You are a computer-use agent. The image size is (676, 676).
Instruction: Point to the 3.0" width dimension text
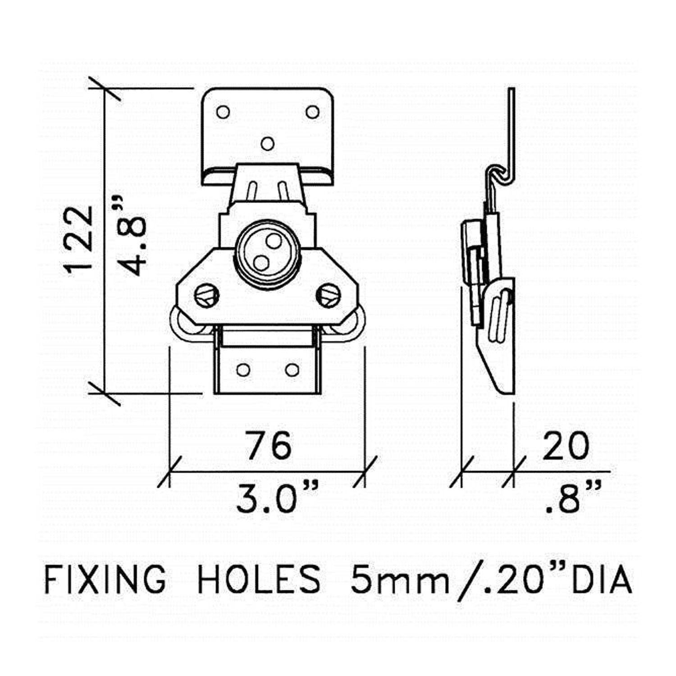(x=276, y=498)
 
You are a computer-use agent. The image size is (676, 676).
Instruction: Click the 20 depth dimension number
(x=566, y=446)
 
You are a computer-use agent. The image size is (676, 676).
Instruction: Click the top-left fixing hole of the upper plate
(x=223, y=112)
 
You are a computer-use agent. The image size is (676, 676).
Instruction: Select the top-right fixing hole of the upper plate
(x=312, y=112)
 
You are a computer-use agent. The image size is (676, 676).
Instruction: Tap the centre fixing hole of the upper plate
(x=268, y=144)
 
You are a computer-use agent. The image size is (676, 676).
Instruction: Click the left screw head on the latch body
(x=207, y=296)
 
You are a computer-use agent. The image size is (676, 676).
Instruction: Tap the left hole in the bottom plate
(x=243, y=370)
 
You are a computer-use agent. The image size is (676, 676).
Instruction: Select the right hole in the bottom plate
(x=292, y=370)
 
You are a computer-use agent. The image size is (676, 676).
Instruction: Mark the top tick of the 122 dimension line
(x=105, y=88)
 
